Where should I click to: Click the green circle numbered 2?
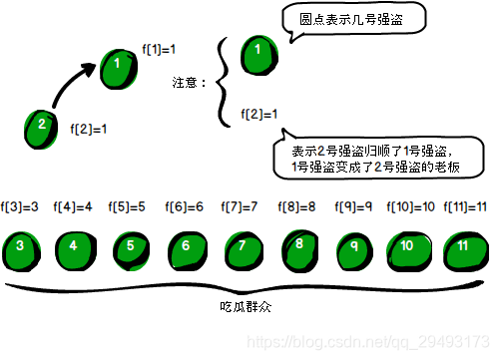coord(41,126)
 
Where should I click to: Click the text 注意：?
coord(190,84)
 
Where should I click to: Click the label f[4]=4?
coord(75,207)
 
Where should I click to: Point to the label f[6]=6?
coord(186,207)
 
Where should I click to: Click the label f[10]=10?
coord(410,207)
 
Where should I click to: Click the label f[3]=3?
coord(20,207)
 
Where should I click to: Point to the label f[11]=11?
coord(466,207)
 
